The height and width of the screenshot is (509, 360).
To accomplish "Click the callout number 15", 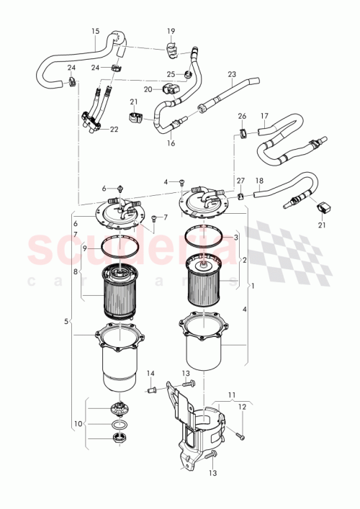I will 95,31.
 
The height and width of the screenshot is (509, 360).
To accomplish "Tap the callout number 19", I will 171,31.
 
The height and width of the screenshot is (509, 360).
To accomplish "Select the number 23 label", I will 231,74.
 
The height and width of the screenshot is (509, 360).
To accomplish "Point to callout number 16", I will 171,143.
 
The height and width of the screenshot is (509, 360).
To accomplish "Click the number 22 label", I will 114,129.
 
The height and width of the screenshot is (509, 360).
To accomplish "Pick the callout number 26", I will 242,116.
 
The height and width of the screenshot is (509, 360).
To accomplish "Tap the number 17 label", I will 264,115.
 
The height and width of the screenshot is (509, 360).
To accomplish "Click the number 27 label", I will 241,181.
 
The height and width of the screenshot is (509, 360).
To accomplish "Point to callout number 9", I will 84,248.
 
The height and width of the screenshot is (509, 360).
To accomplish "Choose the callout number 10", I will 78,423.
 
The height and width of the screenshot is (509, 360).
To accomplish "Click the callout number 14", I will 150,373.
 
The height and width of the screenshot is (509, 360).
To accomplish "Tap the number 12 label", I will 242,407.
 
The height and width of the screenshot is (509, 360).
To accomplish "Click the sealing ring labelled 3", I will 209,236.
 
